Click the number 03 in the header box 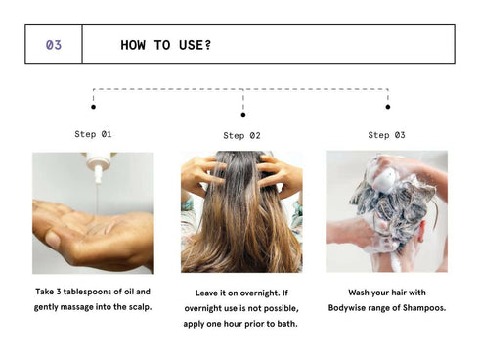click(x=54, y=45)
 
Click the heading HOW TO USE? click(x=166, y=45)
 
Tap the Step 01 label click(x=93, y=134)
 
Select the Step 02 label click(x=241, y=136)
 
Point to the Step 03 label click(x=386, y=135)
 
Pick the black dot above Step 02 click(x=242, y=115)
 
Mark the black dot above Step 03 click(x=387, y=107)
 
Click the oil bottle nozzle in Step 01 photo click(x=98, y=168)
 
